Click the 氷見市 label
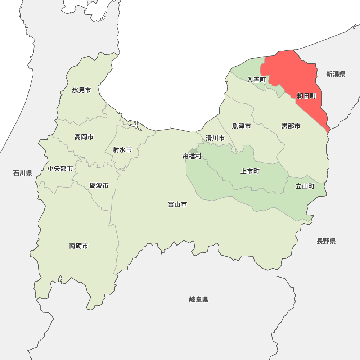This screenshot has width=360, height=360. point(81,90)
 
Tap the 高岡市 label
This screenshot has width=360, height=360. point(84,137)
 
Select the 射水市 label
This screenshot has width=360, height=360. point(122,150)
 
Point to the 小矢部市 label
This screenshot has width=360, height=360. point(60,168)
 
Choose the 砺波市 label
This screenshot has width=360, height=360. point(99,186)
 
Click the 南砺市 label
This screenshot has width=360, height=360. point(79,246)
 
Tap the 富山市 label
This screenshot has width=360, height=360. point(177,204)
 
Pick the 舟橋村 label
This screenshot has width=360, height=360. point(192,157)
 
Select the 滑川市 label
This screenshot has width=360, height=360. point(215,138)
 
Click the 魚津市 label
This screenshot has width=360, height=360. point(241,126)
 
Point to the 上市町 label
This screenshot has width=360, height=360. point(250,171)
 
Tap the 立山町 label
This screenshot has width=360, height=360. point(305,186)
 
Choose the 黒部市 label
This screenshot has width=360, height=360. point(291,126)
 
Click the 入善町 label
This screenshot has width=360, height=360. point(256,80)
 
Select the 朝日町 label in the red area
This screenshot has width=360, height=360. point(306,96)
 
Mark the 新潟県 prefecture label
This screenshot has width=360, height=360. point(336,74)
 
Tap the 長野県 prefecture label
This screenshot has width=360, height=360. point(326,241)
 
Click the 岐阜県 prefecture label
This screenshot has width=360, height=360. point(199,300)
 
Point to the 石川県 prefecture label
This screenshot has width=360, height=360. point(23,173)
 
